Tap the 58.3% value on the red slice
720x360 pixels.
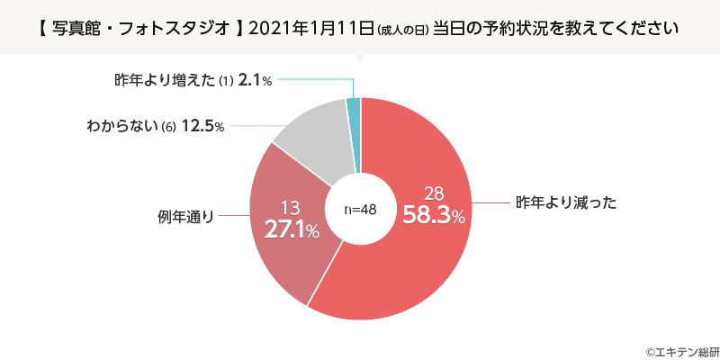[434, 216]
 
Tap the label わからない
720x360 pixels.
[123, 126]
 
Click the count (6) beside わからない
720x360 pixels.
[167, 127]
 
